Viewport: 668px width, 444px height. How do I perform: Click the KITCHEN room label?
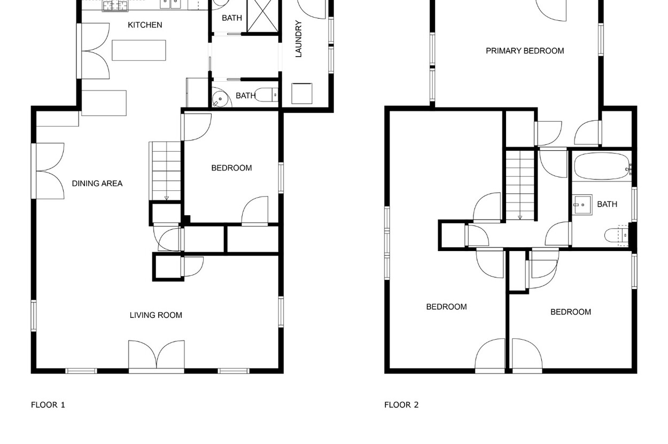(x=145, y=25)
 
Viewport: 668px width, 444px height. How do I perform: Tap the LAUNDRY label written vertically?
(x=299, y=39)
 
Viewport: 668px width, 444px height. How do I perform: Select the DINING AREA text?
(x=97, y=183)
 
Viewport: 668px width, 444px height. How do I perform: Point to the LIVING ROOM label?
(x=156, y=315)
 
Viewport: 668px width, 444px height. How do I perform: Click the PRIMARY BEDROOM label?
(x=525, y=51)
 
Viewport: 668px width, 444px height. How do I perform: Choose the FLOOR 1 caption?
(x=48, y=405)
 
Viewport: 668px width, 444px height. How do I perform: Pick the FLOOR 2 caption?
(x=401, y=405)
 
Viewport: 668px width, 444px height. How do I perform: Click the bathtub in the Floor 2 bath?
(x=602, y=166)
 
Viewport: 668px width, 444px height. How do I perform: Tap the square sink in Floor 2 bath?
(x=582, y=205)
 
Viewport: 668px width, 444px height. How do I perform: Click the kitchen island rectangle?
(x=139, y=50)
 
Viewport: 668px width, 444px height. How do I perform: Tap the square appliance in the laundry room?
(x=302, y=94)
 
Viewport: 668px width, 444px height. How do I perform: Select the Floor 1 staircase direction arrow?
(x=166, y=198)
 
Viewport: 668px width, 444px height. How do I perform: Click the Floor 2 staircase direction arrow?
(x=520, y=217)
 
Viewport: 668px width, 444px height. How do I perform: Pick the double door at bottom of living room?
(x=157, y=355)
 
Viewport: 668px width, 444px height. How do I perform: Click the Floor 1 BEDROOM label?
(x=231, y=168)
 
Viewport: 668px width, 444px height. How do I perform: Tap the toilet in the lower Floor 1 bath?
(x=267, y=95)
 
